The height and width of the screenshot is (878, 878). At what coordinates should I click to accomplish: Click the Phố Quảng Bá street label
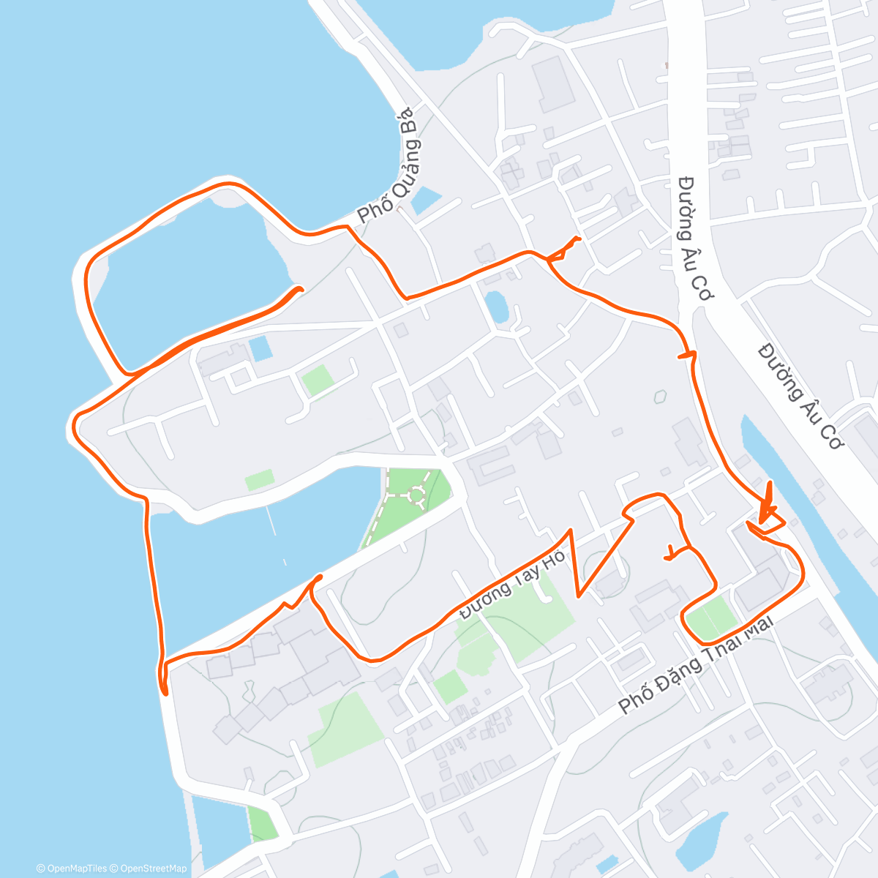pyautogui.click(x=386, y=167)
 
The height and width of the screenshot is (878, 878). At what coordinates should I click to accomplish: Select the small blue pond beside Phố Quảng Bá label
pyautogui.click(x=426, y=200)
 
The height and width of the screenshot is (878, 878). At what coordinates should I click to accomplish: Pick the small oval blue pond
pyautogui.click(x=497, y=306)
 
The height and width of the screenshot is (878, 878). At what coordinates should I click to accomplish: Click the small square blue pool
pyautogui.click(x=260, y=349)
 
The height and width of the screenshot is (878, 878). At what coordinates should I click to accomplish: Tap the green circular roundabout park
pyautogui.click(x=416, y=495)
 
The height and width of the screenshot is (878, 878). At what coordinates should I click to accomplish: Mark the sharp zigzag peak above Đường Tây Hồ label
pyautogui.click(x=569, y=530)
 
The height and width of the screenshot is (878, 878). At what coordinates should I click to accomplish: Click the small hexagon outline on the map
pyautogui.click(x=661, y=397)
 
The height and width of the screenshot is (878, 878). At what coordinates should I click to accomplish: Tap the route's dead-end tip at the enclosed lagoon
pyautogui.click(x=299, y=289)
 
